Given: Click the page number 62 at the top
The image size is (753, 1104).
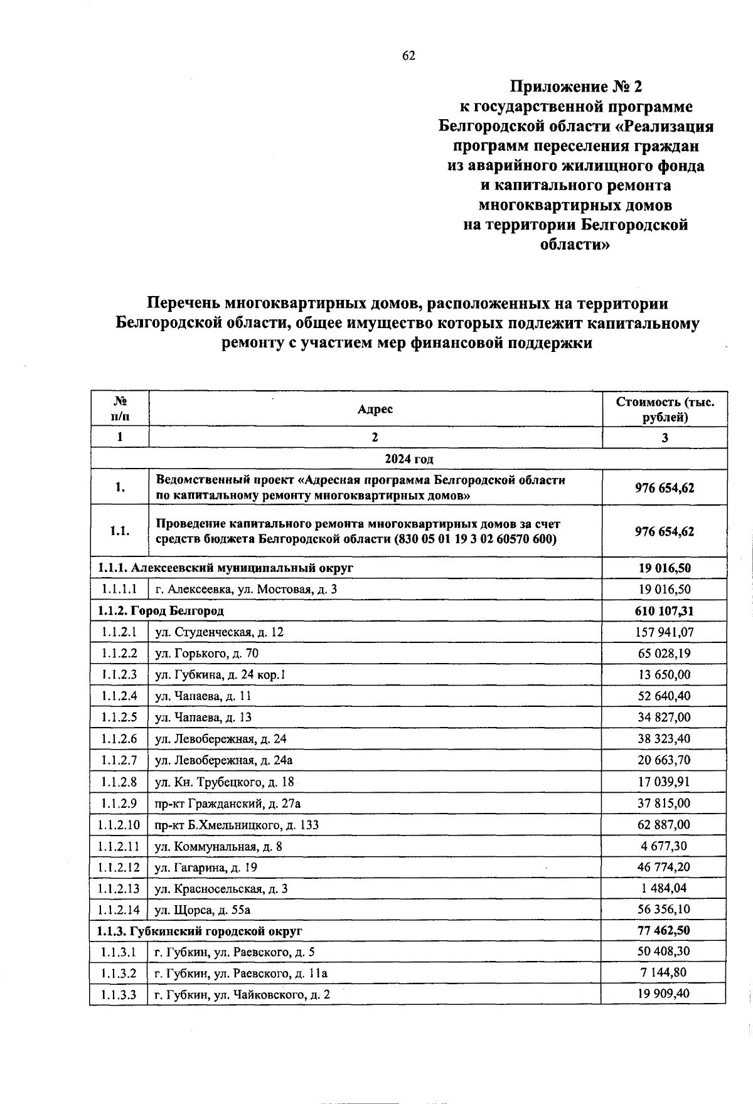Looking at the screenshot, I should click(409, 56).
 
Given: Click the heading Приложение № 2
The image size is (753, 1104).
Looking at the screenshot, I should click(575, 87).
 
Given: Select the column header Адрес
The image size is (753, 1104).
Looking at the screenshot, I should click(375, 410).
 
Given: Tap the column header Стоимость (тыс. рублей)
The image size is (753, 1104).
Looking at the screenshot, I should click(665, 410).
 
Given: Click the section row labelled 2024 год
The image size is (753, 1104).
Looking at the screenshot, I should click(409, 459).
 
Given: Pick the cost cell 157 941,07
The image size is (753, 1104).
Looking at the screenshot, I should click(665, 632).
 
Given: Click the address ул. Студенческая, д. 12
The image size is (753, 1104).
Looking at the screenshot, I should click(220, 632).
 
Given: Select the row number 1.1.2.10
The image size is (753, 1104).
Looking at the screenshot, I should click(119, 825).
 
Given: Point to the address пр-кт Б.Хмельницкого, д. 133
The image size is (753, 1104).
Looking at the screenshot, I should click(237, 825).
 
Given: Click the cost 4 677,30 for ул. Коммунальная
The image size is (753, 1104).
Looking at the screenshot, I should click(665, 846).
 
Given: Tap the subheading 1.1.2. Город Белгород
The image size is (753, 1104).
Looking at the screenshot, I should click(161, 611).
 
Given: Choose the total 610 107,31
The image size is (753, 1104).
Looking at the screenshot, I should click(665, 611).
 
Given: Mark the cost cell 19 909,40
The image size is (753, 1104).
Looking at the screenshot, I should click(665, 994).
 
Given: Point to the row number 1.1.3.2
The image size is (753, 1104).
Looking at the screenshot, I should click(119, 974).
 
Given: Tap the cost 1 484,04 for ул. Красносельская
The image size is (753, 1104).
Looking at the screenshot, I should click(665, 889).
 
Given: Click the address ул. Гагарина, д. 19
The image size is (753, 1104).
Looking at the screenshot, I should click(206, 868).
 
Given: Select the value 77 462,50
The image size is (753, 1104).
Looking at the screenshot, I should click(665, 930).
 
